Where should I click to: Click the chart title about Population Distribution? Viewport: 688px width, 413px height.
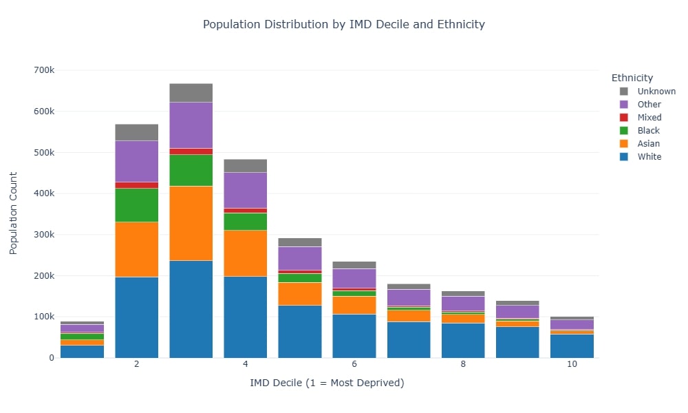pyautogui.click(x=343, y=24)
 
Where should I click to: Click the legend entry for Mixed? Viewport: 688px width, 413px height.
pyautogui.click(x=649, y=118)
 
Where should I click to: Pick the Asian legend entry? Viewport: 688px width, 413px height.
pyautogui.click(x=648, y=144)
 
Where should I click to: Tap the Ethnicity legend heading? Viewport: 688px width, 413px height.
pyautogui.click(x=632, y=78)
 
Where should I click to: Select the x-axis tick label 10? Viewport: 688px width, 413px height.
pyautogui.click(x=572, y=364)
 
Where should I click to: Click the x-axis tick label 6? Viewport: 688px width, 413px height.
pyautogui.click(x=354, y=364)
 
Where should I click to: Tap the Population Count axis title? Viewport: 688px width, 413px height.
pyautogui.click(x=14, y=214)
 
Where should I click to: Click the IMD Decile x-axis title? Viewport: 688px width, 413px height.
pyautogui.click(x=327, y=383)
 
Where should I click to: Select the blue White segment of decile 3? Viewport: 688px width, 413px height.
pyautogui.click(x=191, y=309)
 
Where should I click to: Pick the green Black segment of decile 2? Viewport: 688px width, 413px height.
pyautogui.click(x=136, y=204)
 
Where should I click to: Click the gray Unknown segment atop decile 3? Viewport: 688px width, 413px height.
pyautogui.click(x=191, y=92)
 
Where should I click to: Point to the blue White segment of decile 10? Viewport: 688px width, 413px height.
pyautogui.click(x=572, y=346)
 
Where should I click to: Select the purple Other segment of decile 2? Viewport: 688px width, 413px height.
pyautogui.click(x=136, y=161)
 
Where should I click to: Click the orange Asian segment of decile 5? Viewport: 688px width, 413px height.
pyautogui.click(x=300, y=293)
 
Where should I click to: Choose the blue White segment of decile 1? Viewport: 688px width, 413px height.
pyautogui.click(x=82, y=351)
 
